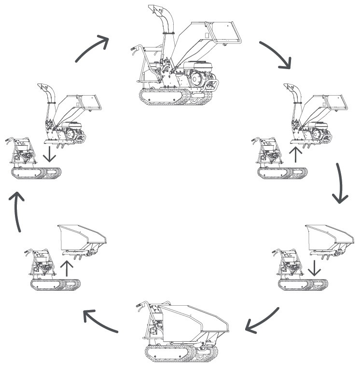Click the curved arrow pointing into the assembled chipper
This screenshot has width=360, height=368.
(91, 48)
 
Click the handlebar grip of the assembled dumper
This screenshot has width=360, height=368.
(140, 305)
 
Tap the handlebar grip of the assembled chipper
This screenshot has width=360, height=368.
(135, 48)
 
